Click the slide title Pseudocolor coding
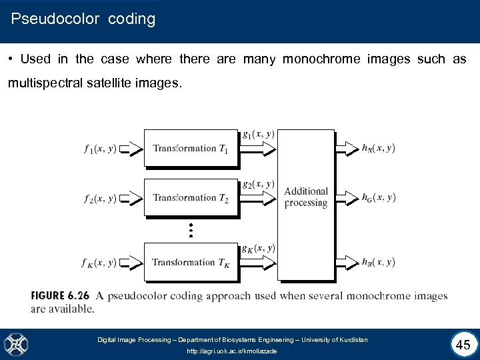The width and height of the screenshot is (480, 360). click(x=83, y=19)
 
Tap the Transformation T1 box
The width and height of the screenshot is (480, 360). click(x=191, y=149)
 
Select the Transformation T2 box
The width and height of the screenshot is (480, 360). click(x=191, y=197)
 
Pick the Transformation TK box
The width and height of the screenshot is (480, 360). click(x=191, y=262)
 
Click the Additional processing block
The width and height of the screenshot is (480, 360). click(x=306, y=197)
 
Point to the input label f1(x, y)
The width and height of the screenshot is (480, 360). click(x=100, y=149)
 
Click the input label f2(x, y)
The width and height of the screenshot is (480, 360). click(x=100, y=198)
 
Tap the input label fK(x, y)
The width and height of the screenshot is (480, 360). click(x=100, y=263)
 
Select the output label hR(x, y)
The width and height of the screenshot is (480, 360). click(x=379, y=148)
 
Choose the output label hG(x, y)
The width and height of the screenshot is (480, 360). click(x=379, y=197)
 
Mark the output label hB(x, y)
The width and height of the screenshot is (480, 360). click(x=379, y=262)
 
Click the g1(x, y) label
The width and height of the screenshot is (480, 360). click(x=258, y=134)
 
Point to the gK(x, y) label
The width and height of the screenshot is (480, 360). click(x=258, y=249)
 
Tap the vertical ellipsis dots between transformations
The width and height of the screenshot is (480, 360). click(x=191, y=230)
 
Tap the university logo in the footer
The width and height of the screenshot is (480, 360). click(x=16, y=344)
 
